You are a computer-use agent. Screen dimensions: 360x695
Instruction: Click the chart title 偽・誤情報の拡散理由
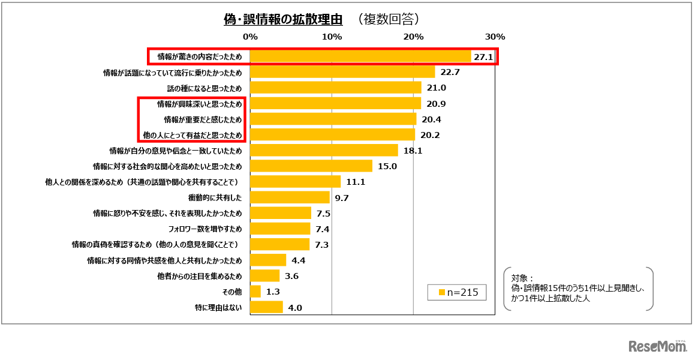[282, 20]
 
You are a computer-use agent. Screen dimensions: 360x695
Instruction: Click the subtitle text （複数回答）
[387, 20]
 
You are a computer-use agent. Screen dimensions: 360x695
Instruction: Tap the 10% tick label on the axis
[332, 37]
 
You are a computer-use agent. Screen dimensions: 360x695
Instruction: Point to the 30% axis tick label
[495, 37]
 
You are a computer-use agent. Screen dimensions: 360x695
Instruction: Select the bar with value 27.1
[360, 57]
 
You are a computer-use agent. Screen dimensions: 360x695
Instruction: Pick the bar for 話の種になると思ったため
[335, 88]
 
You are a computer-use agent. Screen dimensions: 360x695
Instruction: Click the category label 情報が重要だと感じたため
[203, 119]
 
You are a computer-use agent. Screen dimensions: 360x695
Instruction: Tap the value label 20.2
[430, 135]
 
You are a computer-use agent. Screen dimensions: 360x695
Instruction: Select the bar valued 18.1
[324, 151]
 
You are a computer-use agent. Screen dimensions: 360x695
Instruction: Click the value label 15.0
[387, 166]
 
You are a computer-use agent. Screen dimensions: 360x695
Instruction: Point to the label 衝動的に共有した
[215, 197]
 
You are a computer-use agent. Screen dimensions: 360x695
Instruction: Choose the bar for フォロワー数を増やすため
[280, 229]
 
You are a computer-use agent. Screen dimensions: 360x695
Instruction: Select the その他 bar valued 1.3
[255, 292]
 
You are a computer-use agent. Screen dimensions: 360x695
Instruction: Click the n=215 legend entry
[458, 292]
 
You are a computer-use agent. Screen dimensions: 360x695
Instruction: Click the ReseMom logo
[658, 346]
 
